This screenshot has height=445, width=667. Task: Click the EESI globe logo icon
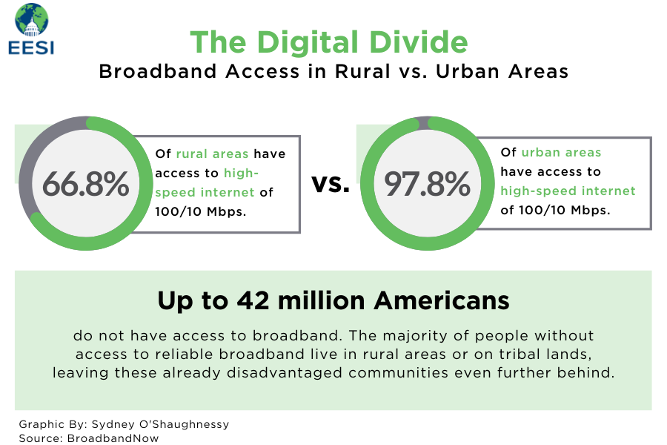coord(31,20)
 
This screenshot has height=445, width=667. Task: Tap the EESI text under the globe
coord(31,47)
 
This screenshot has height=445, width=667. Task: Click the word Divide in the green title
coord(418,42)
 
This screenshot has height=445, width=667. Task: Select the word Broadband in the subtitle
coord(158,71)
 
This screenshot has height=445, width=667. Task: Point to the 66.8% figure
coord(85,184)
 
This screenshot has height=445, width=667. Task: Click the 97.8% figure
coord(427,184)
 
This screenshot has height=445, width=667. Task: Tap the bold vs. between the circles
coord(331,184)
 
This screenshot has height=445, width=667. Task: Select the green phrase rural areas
coord(212,154)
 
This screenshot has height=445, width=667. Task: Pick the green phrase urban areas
coord(561,152)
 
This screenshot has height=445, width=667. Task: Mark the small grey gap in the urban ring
coord(424,122)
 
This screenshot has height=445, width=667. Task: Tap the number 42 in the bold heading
coord(253,300)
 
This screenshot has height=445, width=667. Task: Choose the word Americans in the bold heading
coord(442,300)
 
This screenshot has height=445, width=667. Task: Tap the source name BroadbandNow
coord(113,438)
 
